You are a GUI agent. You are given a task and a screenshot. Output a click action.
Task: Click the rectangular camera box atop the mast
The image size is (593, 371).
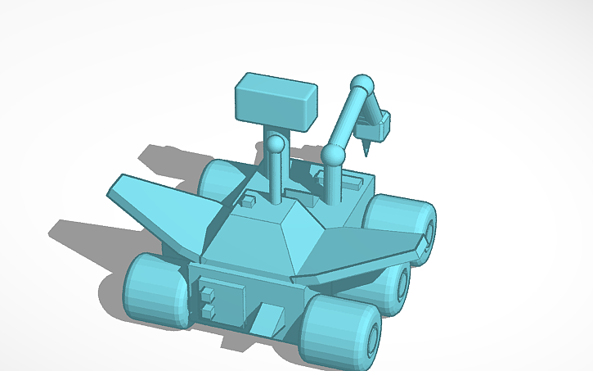pyautogui.click(x=275, y=102)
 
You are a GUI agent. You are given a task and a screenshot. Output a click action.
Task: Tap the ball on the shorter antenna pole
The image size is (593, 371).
pyautogui.click(x=277, y=145)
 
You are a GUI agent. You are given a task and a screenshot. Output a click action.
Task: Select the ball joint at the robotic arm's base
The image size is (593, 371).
pyautogui.click(x=332, y=154)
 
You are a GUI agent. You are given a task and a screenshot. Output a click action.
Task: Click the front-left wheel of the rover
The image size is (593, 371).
pyautogui.click(x=155, y=290)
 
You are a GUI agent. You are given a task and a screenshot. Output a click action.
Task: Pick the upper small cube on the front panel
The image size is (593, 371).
pyautogui.click(x=208, y=293)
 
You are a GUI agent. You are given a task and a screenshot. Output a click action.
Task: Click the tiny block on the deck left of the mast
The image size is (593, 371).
pyautogui.click(x=246, y=199)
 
